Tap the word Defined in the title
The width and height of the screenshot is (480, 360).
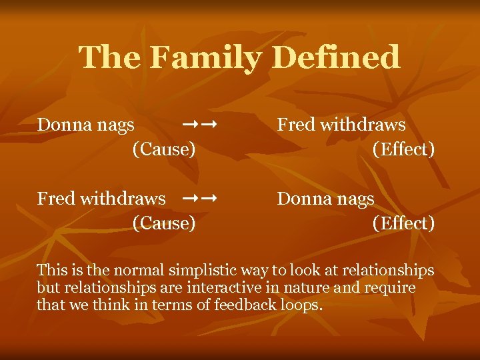point(336,57)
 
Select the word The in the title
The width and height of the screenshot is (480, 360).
point(109,57)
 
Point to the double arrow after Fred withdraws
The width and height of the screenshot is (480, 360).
point(200,198)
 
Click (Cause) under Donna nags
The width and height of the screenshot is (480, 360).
point(164,149)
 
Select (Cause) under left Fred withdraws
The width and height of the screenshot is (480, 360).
point(164,223)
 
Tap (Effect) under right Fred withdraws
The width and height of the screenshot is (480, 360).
point(403,149)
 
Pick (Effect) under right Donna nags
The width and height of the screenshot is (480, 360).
point(403,223)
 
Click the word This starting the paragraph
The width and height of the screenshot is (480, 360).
point(52,271)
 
